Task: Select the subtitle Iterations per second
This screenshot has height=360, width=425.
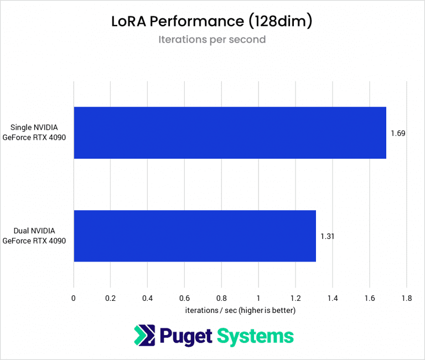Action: pos(212,40)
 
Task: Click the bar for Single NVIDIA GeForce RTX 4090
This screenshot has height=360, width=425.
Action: pos(230,133)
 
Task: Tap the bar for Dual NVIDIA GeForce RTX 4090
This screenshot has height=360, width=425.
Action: pos(194,236)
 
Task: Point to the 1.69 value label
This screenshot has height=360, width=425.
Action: pos(398,133)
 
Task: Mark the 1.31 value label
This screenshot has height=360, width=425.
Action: pos(328,236)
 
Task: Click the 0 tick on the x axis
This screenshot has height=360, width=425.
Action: pos(74,298)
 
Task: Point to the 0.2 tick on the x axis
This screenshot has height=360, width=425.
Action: pos(110,298)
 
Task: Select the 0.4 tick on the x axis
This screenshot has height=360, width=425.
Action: pos(147,298)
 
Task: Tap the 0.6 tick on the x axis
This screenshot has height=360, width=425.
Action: pos(184,298)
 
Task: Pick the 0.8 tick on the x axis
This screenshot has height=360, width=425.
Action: pos(221,298)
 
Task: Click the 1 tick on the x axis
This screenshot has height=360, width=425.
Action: pos(258,298)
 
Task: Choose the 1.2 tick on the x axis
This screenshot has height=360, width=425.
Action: pos(295,298)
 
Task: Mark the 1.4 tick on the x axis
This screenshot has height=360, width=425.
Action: pos(332,298)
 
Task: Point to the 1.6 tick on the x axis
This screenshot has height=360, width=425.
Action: pos(369,298)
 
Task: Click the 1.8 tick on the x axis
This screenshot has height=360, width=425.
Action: pos(406,298)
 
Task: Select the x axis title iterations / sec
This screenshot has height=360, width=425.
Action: pos(240,311)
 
